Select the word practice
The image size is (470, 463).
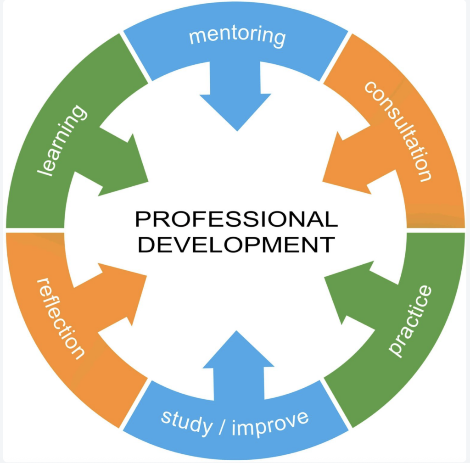(410, 321)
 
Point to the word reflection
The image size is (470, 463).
(61, 318)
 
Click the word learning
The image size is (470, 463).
(62, 140)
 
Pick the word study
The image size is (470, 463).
(187, 423)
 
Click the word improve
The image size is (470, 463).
(270, 423)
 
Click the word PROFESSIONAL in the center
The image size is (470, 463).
(236, 219)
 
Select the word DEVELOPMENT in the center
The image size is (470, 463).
(236, 245)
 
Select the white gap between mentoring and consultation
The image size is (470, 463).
(336, 57)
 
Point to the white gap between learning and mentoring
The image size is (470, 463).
(136, 57)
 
